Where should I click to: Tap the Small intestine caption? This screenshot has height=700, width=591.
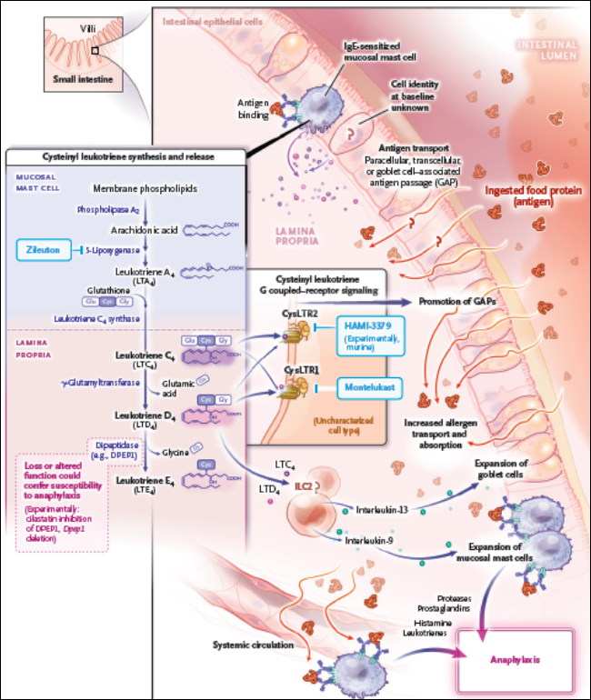[80, 79]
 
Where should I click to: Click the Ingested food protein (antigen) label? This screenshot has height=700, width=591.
[530, 197]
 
